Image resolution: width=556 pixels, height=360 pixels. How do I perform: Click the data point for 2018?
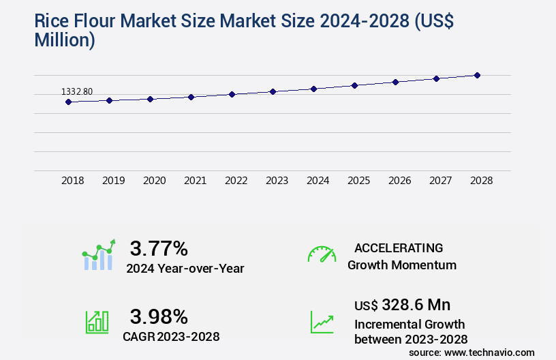point(68,102)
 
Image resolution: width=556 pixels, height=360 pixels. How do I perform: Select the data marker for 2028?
point(477,75)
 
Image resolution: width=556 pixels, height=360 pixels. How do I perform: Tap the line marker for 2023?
point(273,91)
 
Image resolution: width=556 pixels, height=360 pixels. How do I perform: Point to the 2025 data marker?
point(354,85)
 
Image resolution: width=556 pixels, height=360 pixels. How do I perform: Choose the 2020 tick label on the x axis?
point(155,181)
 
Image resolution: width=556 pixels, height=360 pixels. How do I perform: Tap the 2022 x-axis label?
point(236,181)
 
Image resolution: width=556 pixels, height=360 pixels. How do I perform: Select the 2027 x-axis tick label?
point(441,181)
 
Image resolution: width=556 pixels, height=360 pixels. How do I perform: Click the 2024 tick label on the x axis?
point(318,181)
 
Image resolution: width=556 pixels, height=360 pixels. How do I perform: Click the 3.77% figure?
point(159,247)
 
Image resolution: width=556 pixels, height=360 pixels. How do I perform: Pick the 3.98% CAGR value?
point(159,316)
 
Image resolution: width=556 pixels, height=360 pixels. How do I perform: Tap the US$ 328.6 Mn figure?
point(402,304)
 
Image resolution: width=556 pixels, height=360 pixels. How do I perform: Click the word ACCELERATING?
point(399,247)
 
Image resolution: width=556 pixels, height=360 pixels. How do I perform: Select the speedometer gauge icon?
point(322,254)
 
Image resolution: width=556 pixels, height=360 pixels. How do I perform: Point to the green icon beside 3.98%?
point(97,322)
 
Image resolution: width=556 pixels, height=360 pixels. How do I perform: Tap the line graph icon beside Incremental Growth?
point(322,322)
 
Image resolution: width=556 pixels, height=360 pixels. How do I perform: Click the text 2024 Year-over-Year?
point(185,268)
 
